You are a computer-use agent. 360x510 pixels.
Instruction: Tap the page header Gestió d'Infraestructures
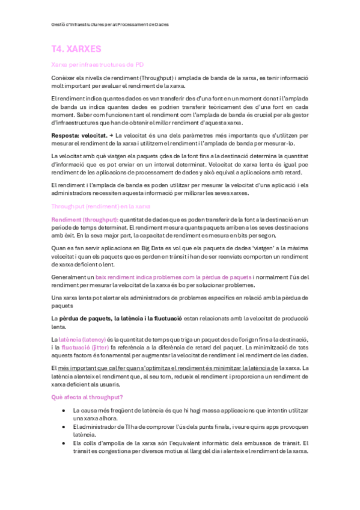pyautogui.click(x=111, y=25)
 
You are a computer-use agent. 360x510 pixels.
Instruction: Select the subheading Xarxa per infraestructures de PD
pyautogui.click(x=97, y=64)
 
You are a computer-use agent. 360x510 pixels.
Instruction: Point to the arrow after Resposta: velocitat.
pyautogui.click(x=112, y=136)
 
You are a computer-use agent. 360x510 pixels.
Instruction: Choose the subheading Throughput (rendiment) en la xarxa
pyautogui.click(x=101, y=206)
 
